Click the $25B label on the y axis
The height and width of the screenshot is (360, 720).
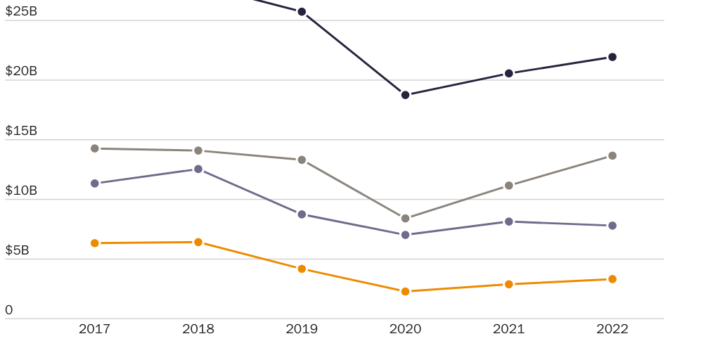pyautogui.click(x=21, y=11)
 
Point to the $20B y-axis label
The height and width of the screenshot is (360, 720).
pyautogui.click(x=21, y=71)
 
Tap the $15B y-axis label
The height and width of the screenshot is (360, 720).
pyautogui.click(x=21, y=131)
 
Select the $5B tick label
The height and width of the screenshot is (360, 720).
pyautogui.click(x=18, y=250)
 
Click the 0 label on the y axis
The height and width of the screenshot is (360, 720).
pyautogui.click(x=9, y=310)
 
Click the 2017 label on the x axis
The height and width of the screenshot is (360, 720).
pyautogui.click(x=94, y=329)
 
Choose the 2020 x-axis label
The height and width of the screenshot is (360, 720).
pyautogui.click(x=405, y=329)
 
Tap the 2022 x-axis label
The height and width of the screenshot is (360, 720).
pyautogui.click(x=612, y=329)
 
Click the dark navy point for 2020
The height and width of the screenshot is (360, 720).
pyautogui.click(x=405, y=95)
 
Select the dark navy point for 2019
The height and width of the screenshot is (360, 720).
pyautogui.click(x=302, y=12)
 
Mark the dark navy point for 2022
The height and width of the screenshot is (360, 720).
pyautogui.click(x=612, y=57)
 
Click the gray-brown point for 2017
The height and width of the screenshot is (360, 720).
pyautogui.click(x=95, y=148)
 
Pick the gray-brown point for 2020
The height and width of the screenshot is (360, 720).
pyautogui.click(x=405, y=219)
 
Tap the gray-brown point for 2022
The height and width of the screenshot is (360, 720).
pyautogui.click(x=612, y=155)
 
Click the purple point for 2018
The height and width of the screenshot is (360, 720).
pyautogui.click(x=198, y=169)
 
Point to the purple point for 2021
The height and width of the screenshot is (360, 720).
pyautogui.click(x=509, y=221)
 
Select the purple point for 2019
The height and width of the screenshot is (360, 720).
pyautogui.click(x=302, y=214)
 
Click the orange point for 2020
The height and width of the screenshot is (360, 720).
pyautogui.click(x=405, y=291)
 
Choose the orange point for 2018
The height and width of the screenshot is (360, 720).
pyautogui.click(x=198, y=242)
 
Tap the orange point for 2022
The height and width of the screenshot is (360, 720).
pyautogui.click(x=612, y=279)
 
